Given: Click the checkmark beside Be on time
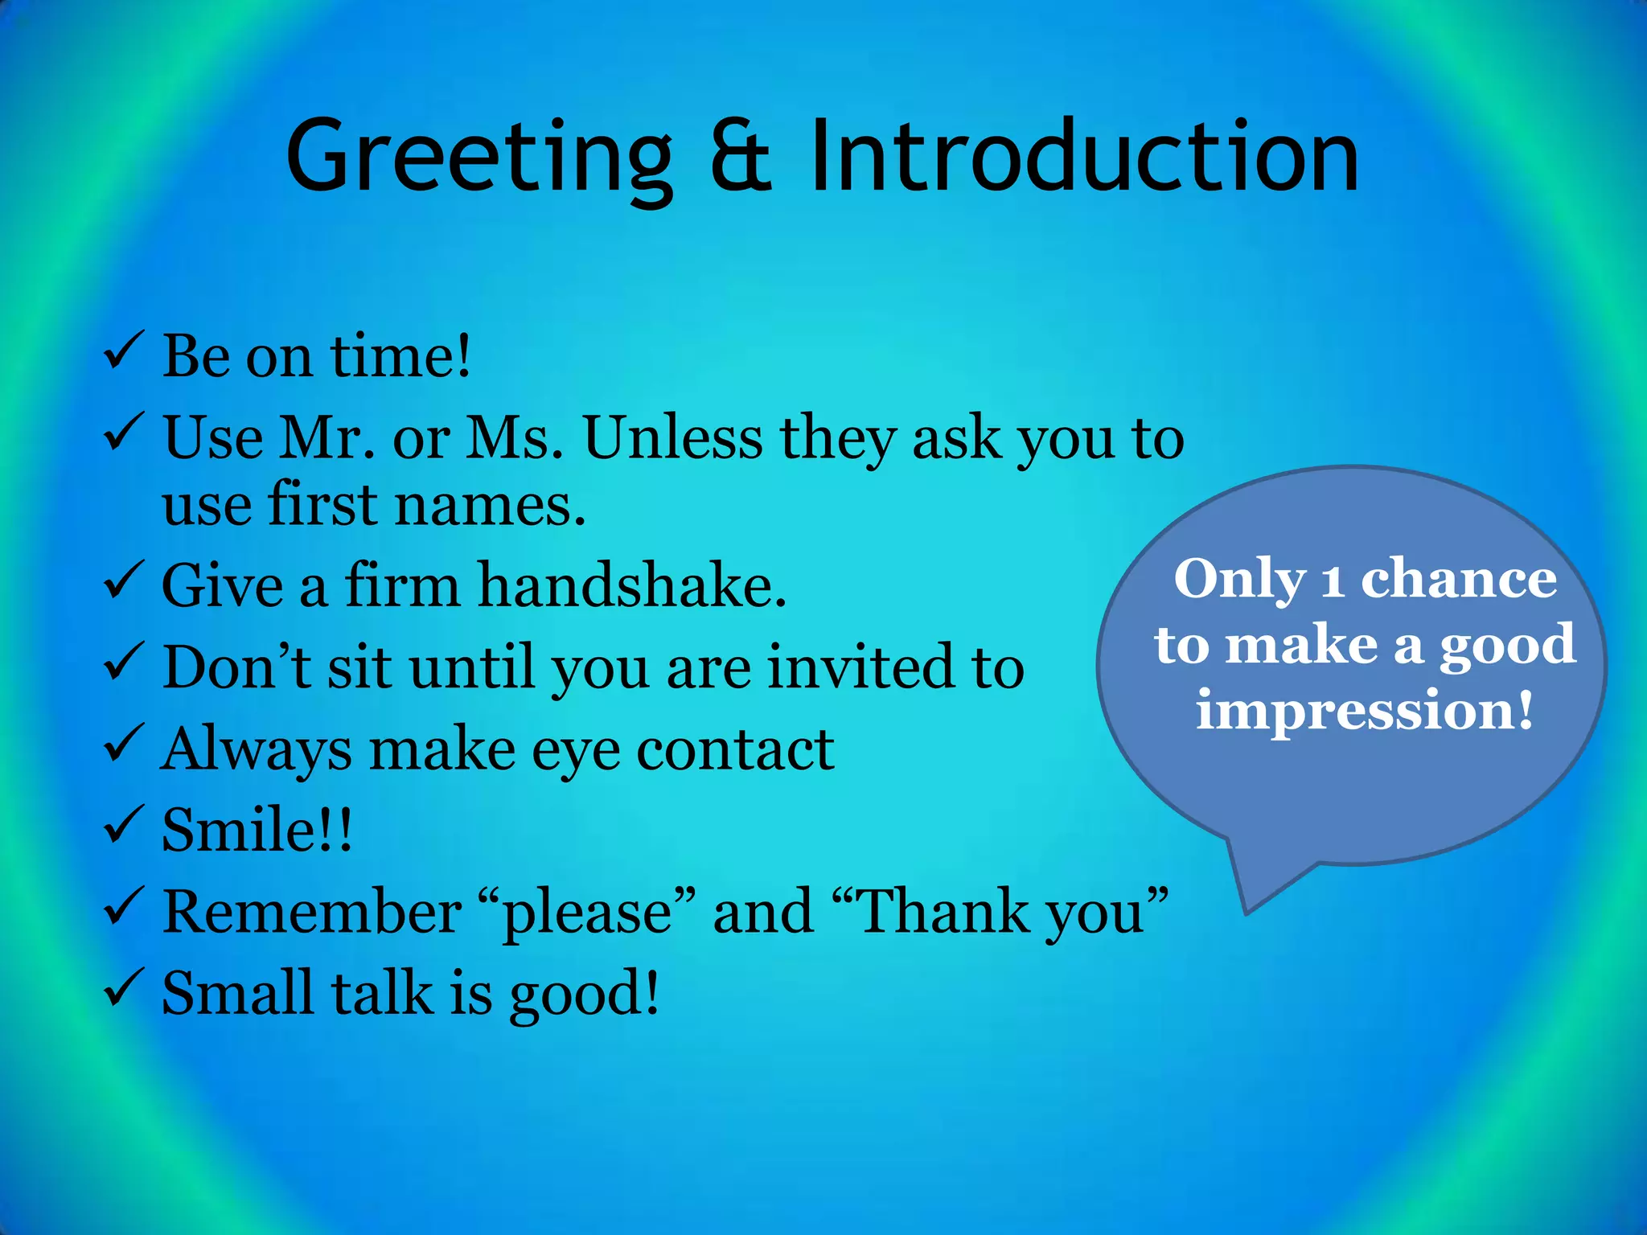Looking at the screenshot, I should pos(124,351).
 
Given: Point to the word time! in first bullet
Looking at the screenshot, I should pos(400,355).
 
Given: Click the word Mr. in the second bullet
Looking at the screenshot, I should pos(326,438).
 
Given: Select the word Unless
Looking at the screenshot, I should pos(673,438).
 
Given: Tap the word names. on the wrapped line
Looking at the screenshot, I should pos(490,505).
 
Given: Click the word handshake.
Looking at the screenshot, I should pos(632,585).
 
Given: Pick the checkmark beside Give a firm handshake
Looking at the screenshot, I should pos(124,581).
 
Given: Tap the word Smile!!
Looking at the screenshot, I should pos(257,829).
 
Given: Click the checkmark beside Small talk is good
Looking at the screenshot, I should pos(124,988).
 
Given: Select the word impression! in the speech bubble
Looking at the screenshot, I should pos(1364,710).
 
